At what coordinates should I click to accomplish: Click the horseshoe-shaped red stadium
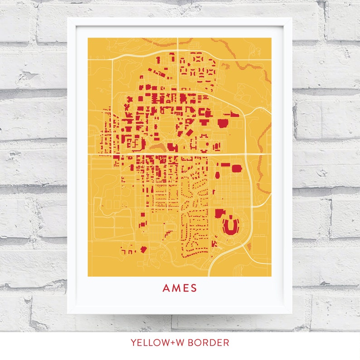[232, 225]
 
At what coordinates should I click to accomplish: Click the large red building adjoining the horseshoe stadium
[219, 214]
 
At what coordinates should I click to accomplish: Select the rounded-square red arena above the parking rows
[237, 168]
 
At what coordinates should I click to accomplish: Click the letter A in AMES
[166, 288]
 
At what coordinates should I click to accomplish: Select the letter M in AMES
[175, 288]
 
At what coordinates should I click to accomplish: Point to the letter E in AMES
[185, 288]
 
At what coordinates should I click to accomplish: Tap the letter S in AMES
[194, 288]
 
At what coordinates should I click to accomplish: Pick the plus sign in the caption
[173, 343]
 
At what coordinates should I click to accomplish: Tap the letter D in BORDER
[215, 343]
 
